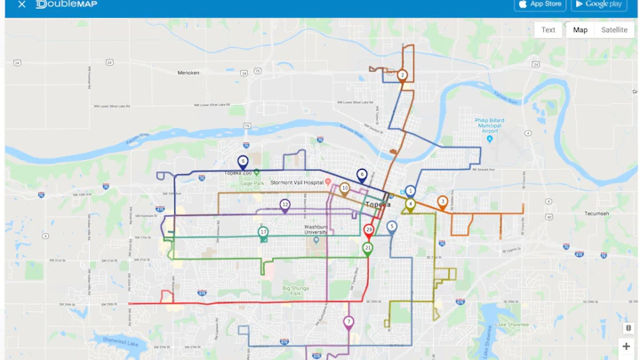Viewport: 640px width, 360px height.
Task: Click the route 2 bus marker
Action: pos(402,76)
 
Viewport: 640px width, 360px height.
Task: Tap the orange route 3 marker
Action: pos(442,202)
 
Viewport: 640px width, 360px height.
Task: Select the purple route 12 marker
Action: pos(284,204)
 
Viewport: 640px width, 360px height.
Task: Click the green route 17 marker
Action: pos(263,232)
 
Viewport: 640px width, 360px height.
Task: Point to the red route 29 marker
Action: pos(369,229)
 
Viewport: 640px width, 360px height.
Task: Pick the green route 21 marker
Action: pos(367,248)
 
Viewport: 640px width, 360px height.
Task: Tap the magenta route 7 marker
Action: pos(348,322)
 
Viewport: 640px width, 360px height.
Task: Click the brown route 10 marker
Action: pos(344,188)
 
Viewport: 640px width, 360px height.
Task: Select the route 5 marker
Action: pos(391,227)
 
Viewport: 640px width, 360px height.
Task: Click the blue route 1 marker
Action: pos(410,191)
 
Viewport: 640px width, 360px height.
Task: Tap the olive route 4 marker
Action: pos(410,204)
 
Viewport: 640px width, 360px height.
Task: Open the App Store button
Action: pos(540,4)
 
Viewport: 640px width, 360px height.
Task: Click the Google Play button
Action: pos(598,4)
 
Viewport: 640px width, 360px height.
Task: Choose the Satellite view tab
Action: pos(613,29)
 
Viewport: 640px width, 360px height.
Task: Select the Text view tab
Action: pos(548,29)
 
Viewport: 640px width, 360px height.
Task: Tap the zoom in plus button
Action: pos(626,346)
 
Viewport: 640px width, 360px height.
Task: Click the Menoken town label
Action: pos(188,73)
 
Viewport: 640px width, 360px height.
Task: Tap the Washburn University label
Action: pos(317,229)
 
